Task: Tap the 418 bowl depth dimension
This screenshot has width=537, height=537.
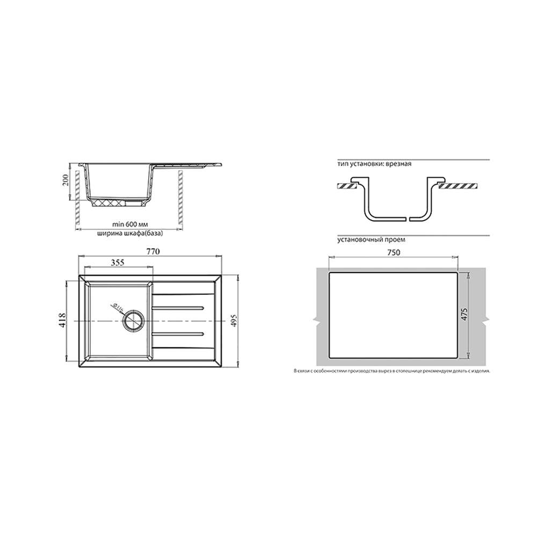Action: tap(64, 320)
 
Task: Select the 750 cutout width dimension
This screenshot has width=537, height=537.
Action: tap(394, 255)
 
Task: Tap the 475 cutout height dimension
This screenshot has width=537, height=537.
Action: tap(465, 315)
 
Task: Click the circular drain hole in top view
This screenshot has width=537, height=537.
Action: tap(133, 321)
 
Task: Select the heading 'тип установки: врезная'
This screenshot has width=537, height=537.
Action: tap(374, 164)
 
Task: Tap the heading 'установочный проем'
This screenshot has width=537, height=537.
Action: tap(371, 240)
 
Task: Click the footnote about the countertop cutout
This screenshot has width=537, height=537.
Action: tap(391, 371)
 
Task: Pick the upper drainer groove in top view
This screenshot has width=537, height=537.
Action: tap(178, 308)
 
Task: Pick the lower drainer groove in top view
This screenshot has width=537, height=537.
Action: tap(178, 334)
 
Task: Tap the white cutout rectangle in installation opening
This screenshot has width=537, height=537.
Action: tap(393, 315)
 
